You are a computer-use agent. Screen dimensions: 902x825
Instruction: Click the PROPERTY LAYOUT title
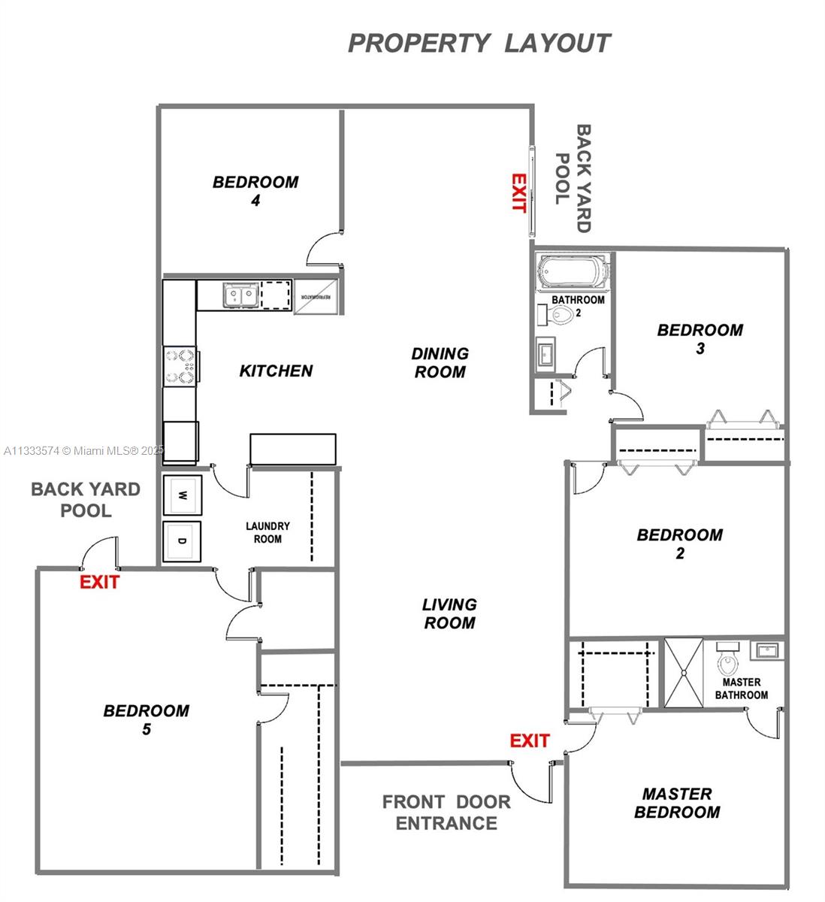pos(479,43)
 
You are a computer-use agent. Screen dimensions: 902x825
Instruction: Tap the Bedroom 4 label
pos(255,191)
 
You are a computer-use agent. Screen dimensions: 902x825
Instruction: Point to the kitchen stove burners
pos(180,366)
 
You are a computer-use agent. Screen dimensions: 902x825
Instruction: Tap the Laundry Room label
pos(267,532)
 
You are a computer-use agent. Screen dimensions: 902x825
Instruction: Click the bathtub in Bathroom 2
pos(573,271)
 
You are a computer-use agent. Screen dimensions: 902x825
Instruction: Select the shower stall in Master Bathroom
pos(683,673)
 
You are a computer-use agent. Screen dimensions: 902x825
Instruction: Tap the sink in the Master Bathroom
pos(767,650)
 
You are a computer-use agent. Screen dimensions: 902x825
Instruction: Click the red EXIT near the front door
pos(529,740)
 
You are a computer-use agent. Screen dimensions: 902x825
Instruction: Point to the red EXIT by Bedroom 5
pos(99,582)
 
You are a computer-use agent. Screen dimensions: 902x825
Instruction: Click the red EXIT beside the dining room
pos(518,193)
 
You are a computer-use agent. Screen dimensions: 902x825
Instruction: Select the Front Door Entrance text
pos(446,813)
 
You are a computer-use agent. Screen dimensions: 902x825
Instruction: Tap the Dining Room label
pos(440,362)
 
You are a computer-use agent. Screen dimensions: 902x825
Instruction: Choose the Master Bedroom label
pos(676,803)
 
